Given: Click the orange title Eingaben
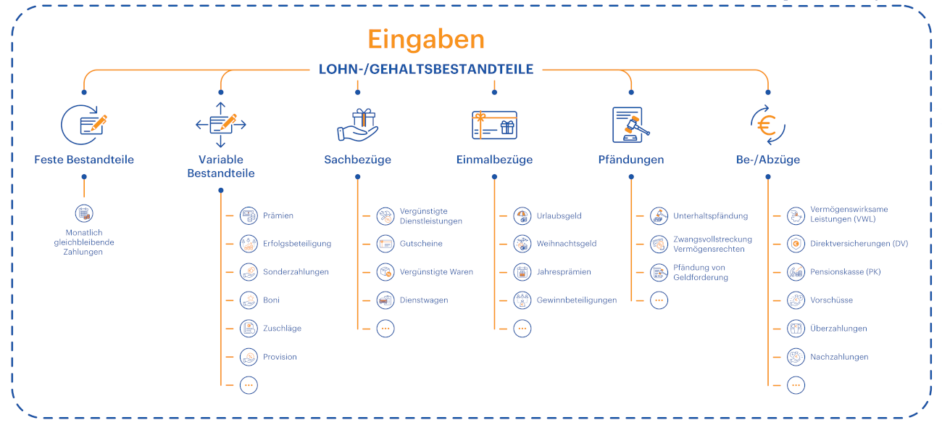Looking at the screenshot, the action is [426, 40].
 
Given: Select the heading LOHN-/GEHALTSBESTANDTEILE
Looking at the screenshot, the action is [426, 69].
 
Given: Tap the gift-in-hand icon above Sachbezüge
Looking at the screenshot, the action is [358, 125].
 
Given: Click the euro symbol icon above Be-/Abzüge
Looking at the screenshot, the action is [768, 125].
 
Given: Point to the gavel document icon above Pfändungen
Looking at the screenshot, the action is [631, 125].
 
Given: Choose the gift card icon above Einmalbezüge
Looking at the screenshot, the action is [494, 125].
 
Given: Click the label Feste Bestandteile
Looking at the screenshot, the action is [84, 160].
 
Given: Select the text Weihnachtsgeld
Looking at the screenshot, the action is [567, 244].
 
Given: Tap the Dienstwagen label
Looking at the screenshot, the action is [424, 300].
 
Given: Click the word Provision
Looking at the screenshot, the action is [280, 357].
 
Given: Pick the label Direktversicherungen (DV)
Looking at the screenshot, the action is [859, 244].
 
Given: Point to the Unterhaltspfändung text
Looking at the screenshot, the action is [711, 216].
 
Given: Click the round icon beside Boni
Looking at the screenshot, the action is [249, 300].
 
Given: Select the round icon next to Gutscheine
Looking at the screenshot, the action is [385, 244].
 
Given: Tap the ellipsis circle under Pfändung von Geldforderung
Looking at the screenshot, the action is [659, 300].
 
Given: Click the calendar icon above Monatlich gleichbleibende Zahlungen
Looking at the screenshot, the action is [84, 213].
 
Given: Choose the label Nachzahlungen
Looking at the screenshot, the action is [839, 357].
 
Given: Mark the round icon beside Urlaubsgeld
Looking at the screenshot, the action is [522, 216].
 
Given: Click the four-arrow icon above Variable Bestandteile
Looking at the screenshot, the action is [221, 125].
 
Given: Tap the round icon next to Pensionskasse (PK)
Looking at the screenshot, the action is [796, 272].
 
